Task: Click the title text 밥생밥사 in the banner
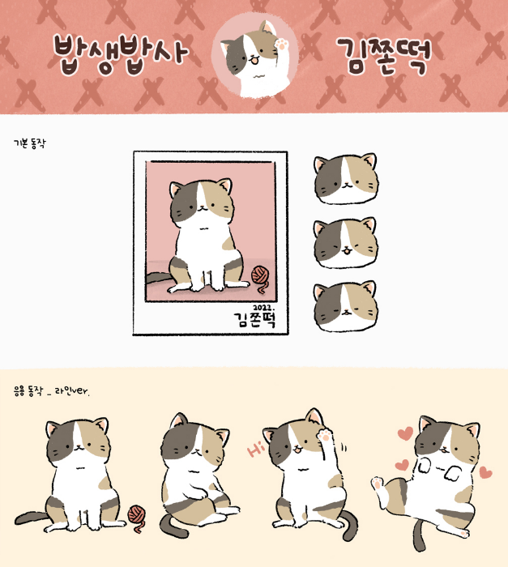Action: tap(122, 54)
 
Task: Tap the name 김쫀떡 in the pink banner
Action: tap(384, 56)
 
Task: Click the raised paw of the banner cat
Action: tap(281, 44)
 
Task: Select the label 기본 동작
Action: tap(30, 143)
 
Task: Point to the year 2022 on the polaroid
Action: tap(263, 308)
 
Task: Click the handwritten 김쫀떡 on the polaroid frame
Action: tap(255, 320)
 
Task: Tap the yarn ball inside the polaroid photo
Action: tap(261, 276)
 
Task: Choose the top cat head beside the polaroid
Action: tap(346, 178)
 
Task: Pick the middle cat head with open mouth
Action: tap(346, 243)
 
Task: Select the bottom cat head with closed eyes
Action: tap(346, 307)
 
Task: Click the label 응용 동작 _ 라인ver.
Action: tap(51, 391)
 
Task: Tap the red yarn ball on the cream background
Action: tap(138, 516)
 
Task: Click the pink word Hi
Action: tap(255, 450)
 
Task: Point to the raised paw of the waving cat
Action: tap(326, 435)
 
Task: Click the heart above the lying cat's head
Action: tap(405, 433)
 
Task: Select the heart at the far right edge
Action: tap(485, 472)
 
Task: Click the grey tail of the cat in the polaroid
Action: tap(158, 278)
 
